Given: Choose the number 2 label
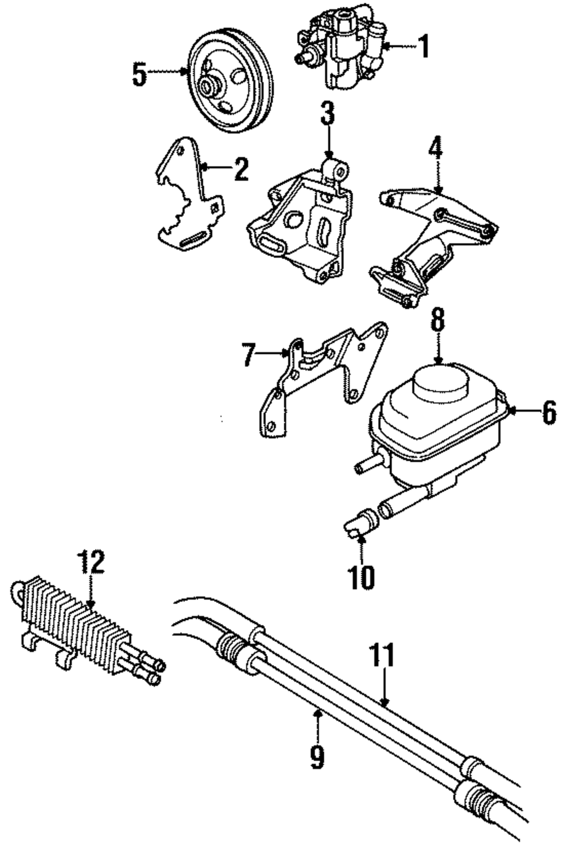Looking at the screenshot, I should tap(241, 169).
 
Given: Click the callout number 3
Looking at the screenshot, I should tap(328, 113).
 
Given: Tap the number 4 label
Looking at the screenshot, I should tap(436, 148).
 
